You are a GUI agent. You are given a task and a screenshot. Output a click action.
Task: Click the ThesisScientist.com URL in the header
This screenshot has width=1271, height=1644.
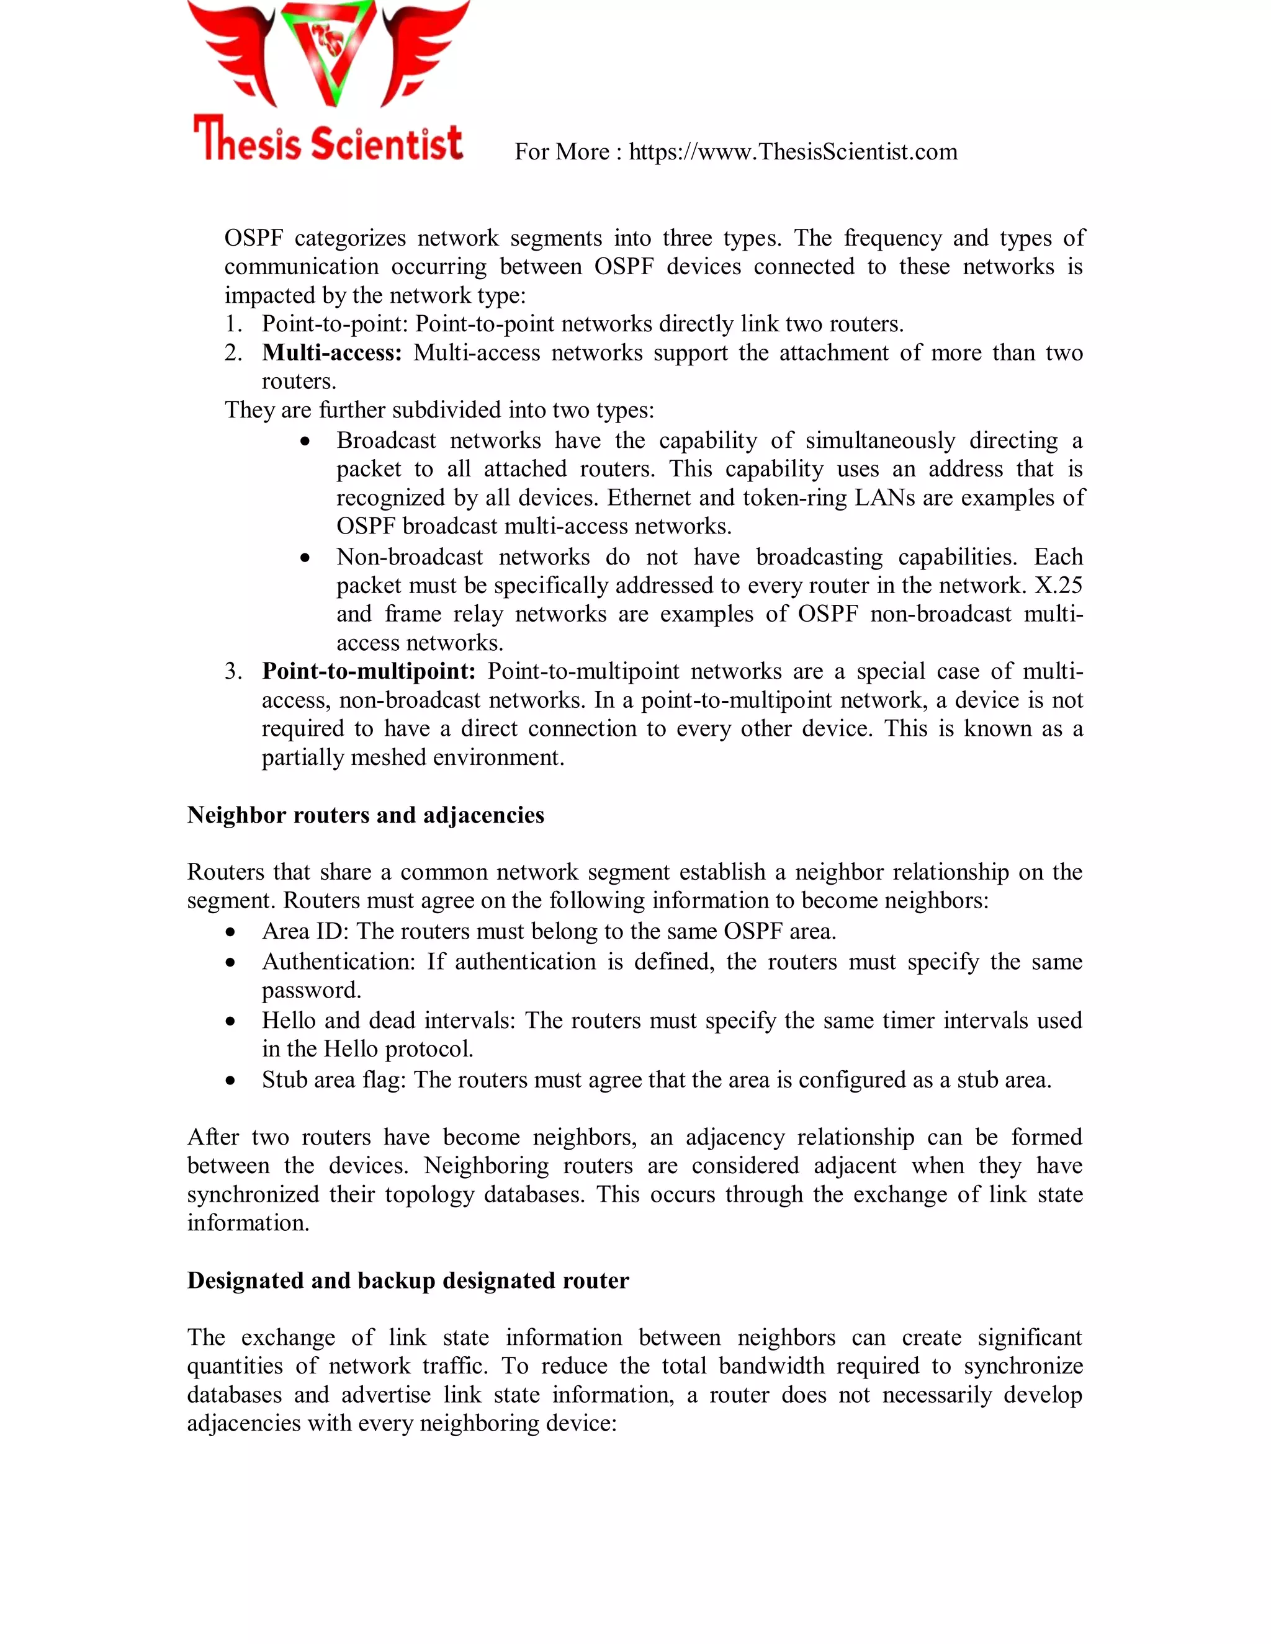[793, 152]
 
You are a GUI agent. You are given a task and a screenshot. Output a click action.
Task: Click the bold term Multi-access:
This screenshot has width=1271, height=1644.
[332, 352]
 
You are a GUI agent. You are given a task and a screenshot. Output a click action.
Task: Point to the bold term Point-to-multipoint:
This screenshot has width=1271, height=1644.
[368, 671]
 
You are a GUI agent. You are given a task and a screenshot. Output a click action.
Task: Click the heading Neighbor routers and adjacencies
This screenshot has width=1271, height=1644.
[365, 815]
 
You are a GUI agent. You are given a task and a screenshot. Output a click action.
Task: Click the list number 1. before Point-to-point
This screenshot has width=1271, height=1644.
[233, 324]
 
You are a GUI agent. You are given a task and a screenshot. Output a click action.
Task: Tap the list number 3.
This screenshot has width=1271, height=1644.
[233, 671]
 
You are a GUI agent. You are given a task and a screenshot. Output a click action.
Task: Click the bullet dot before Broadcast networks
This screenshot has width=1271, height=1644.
[305, 442]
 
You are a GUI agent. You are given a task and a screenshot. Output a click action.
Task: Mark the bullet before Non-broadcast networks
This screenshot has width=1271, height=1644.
[305, 558]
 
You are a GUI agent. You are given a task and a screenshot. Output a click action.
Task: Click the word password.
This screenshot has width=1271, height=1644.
[311, 991]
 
